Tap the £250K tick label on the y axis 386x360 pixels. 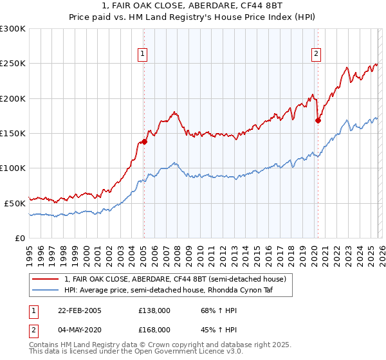point(13,64)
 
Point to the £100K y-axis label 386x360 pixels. point(13,168)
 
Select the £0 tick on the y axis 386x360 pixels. point(19,238)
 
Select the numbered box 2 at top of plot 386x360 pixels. point(317,55)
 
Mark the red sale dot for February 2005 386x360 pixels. point(144,142)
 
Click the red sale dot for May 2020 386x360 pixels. point(318,120)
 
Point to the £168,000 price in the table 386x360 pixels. point(154,329)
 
